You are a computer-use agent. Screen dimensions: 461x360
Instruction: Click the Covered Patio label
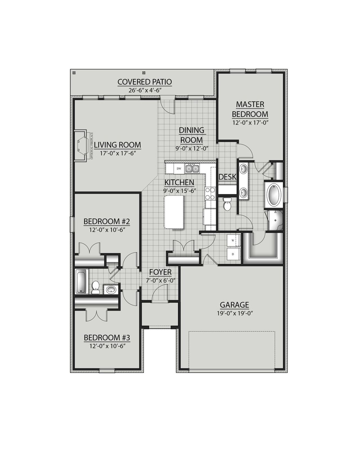click(x=145, y=82)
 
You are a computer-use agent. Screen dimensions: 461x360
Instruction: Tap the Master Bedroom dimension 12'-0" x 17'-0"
click(x=250, y=123)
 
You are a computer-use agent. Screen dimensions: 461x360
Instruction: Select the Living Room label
click(x=117, y=145)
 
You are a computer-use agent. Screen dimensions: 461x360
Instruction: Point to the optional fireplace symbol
click(x=82, y=146)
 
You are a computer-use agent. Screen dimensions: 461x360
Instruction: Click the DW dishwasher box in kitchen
click(x=179, y=169)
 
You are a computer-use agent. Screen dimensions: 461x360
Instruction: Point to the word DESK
click(x=227, y=177)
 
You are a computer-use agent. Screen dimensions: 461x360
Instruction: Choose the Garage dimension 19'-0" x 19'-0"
click(x=235, y=313)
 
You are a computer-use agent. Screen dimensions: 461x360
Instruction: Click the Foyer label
click(x=160, y=272)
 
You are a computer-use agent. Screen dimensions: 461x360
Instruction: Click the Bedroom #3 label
click(x=107, y=337)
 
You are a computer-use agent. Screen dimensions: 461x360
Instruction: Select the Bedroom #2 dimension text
click(x=107, y=230)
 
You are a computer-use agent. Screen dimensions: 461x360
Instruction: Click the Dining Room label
click(x=192, y=135)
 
